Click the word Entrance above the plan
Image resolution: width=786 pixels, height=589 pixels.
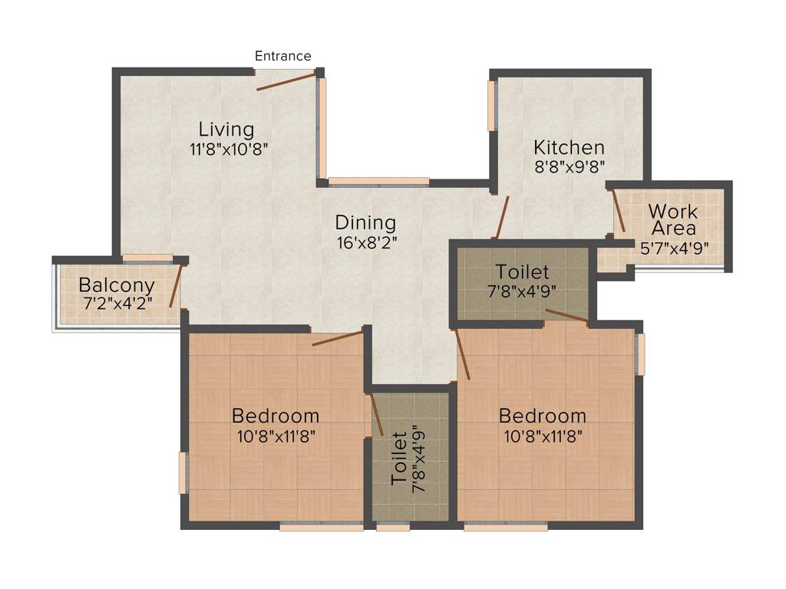(282, 56)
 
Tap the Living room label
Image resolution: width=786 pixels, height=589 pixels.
(226, 128)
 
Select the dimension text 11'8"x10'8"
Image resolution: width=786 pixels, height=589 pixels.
(229, 150)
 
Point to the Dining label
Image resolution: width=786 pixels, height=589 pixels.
(365, 223)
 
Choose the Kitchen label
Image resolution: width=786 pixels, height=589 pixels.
(570, 146)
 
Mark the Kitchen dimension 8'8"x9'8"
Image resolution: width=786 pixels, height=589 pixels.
(570, 166)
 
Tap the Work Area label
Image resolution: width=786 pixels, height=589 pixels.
(673, 219)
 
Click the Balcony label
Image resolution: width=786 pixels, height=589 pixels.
(117, 285)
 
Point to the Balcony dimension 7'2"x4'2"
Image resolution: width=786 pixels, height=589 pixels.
(117, 302)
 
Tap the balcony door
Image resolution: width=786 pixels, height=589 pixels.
(175, 285)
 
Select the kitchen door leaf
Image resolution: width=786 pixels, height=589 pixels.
(502, 217)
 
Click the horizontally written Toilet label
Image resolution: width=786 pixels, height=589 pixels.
(522, 271)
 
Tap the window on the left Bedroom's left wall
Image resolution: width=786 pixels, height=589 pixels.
(183, 472)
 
